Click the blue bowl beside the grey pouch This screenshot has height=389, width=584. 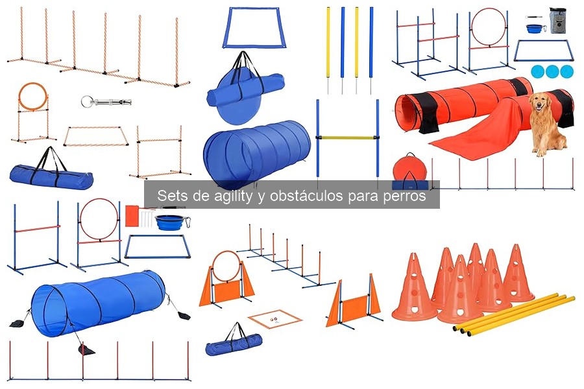click(x=536, y=30)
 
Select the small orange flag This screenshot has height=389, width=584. click(x=132, y=215)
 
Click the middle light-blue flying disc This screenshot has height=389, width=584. click(x=552, y=71)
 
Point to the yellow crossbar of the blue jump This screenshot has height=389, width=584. click(x=347, y=137)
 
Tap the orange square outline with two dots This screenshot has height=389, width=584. click(x=276, y=319)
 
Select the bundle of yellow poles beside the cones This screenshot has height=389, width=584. click(x=513, y=314)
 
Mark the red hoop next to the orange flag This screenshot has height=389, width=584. click(x=99, y=218)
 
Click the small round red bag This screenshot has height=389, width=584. click(x=409, y=170)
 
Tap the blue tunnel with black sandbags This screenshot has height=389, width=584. click(x=97, y=303)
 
